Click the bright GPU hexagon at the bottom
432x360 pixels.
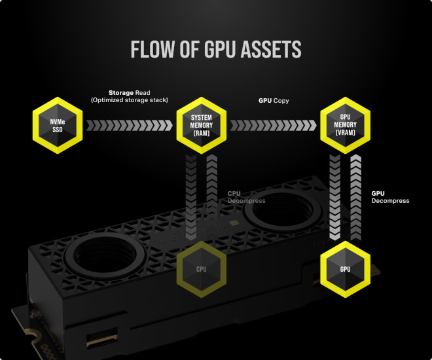[x=344, y=268]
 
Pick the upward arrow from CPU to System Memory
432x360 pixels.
[x=212, y=196]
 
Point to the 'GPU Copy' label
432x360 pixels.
[x=274, y=101]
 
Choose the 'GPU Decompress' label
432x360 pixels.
[x=389, y=197]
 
